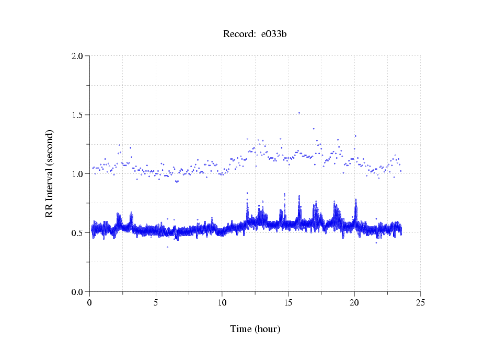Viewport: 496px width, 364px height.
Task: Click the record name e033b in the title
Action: pyautogui.click(x=274, y=34)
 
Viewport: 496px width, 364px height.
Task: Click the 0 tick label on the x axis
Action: pyautogui.click(x=90, y=302)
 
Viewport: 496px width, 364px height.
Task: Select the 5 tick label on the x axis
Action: pyautogui.click(x=156, y=302)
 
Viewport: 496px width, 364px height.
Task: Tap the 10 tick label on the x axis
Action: pyautogui.click(x=222, y=302)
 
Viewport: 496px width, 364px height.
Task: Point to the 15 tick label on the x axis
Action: pyautogui.click(x=288, y=302)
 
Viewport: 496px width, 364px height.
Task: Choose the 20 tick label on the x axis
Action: pyautogui.click(x=354, y=302)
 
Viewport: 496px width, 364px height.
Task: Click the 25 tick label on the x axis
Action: pyautogui.click(x=420, y=302)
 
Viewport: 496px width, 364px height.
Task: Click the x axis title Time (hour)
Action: pyautogui.click(x=255, y=329)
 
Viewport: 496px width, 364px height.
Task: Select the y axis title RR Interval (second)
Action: pyautogui.click(x=49, y=173)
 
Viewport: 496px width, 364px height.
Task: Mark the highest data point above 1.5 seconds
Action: pyautogui.click(x=299, y=113)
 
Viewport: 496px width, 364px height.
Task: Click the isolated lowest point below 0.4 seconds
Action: pyautogui.click(x=167, y=247)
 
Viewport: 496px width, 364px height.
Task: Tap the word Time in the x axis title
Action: pyautogui.click(x=241, y=329)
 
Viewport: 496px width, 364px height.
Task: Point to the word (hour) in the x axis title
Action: pyautogui.click(x=267, y=329)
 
